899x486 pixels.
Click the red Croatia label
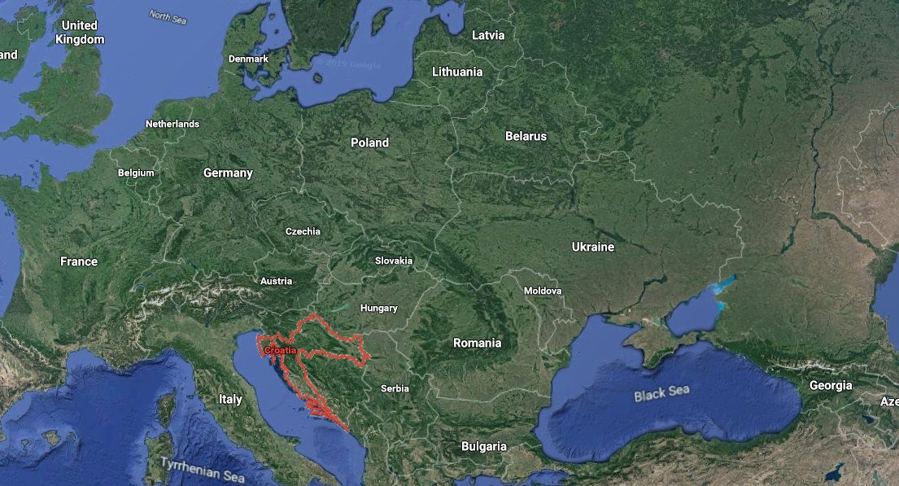(x=280, y=349)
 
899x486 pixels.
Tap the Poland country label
(x=369, y=142)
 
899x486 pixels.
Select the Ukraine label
(x=592, y=247)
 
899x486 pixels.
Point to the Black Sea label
(x=661, y=393)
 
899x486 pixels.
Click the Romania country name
(x=478, y=343)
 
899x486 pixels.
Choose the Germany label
(x=228, y=173)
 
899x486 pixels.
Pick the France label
(x=79, y=261)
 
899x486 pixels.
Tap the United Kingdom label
(x=80, y=33)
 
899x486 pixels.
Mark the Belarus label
(x=526, y=136)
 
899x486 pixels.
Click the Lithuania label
(x=457, y=72)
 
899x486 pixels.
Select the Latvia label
(x=488, y=35)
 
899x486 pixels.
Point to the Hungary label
(x=379, y=308)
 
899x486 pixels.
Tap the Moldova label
(x=543, y=290)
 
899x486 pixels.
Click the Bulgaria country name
(x=484, y=446)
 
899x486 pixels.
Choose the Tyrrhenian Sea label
(x=202, y=470)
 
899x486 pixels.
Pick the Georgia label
(x=831, y=385)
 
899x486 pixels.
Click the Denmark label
(x=248, y=59)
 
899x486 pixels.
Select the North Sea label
(x=167, y=16)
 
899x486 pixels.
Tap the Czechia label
(x=303, y=231)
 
